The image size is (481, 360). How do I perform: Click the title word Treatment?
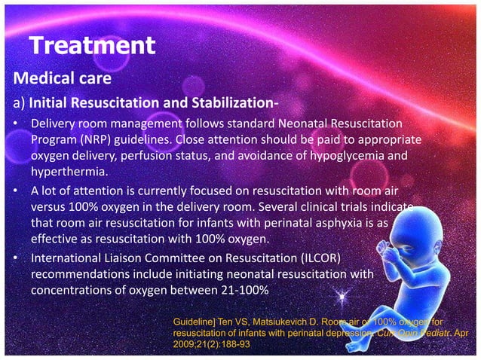coord(92,47)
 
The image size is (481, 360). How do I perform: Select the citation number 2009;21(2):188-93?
coord(213,344)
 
